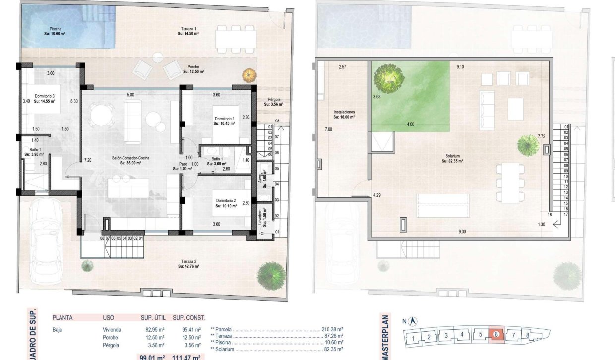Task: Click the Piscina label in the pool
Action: [55, 31]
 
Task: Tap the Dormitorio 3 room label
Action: [45, 98]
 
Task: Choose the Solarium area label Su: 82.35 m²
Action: [454, 161]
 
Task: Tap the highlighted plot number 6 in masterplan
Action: [496, 334]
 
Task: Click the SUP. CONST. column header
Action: [188, 317]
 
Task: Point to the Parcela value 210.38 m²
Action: [333, 329]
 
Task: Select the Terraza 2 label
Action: [188, 264]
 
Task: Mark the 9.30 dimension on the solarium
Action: [462, 232]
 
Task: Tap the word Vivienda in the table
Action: [112, 329]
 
